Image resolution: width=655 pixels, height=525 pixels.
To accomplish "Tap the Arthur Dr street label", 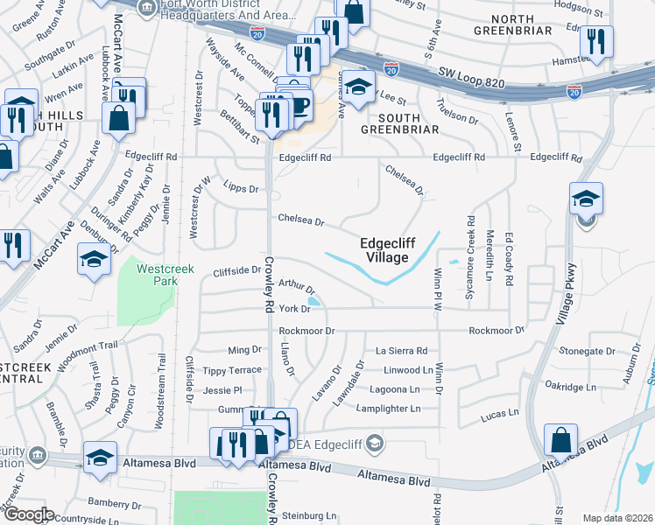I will (x=296, y=286).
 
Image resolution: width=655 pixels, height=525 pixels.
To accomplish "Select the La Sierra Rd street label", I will (x=401, y=350).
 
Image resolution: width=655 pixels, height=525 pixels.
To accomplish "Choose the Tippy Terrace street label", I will (x=232, y=370).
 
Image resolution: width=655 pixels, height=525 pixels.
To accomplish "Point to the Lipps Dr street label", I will (x=242, y=188).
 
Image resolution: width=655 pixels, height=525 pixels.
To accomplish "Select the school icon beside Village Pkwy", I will (x=585, y=200).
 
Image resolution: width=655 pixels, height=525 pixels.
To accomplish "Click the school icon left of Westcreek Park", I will (x=95, y=261).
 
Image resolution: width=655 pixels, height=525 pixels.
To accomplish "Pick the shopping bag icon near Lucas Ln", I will (x=560, y=440).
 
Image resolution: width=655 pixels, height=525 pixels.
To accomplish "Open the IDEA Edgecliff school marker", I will (x=376, y=443).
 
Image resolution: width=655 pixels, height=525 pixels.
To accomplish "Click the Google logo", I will (x=29, y=514).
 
